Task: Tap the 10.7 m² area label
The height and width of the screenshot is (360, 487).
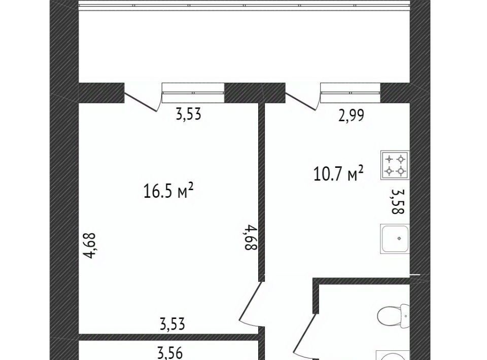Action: [338, 173]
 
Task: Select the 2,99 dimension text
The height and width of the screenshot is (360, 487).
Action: [351, 116]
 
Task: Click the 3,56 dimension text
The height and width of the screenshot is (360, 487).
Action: [170, 353]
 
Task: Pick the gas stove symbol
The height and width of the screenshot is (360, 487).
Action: [395, 165]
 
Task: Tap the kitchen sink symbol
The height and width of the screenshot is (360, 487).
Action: [395, 238]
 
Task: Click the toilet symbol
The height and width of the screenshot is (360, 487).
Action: [393, 315]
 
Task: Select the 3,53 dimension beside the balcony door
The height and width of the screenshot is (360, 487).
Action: [189, 114]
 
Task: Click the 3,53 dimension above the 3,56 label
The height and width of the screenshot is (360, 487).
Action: [172, 324]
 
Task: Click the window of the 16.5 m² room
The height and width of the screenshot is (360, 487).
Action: [193, 93]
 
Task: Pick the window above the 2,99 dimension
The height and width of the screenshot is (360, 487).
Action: [351, 93]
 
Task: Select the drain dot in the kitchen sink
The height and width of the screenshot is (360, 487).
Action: [399, 238]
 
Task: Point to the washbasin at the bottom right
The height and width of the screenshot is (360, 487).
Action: [393, 355]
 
